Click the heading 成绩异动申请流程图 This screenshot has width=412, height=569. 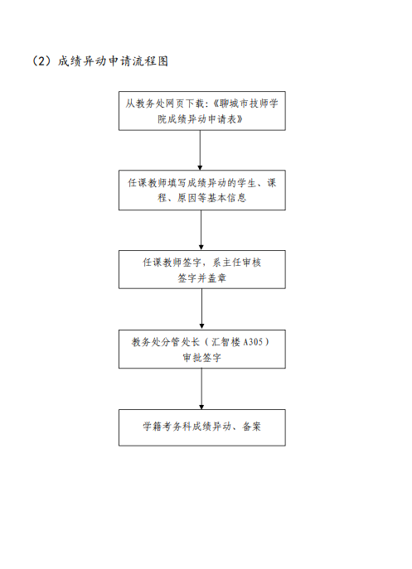(x=113, y=61)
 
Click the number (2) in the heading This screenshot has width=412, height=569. (x=43, y=61)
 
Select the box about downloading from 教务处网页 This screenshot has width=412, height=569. (x=202, y=111)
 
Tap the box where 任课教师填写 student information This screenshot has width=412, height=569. (x=202, y=190)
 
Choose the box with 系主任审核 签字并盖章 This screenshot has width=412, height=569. (x=202, y=270)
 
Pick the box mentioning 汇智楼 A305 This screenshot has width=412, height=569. (x=202, y=349)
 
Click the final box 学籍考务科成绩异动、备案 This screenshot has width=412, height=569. (x=202, y=428)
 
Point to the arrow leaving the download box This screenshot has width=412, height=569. (x=200, y=150)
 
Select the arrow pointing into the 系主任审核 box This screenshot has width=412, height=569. (x=201, y=230)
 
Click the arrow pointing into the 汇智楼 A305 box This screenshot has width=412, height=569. (x=201, y=309)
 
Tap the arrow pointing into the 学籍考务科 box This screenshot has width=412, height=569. (x=201, y=389)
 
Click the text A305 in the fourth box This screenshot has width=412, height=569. (x=253, y=342)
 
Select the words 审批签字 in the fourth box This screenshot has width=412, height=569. (x=202, y=358)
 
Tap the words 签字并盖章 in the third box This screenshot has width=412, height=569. (x=202, y=278)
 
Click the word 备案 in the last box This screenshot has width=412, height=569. (x=251, y=427)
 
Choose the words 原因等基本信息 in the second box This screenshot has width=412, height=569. (x=212, y=198)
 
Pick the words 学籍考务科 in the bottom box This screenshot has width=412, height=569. (x=167, y=427)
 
